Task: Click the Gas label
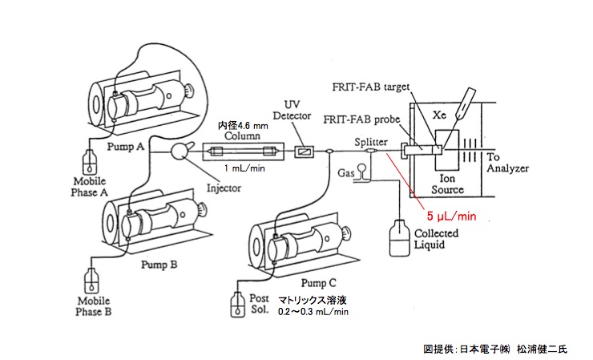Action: (x=346, y=172)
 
